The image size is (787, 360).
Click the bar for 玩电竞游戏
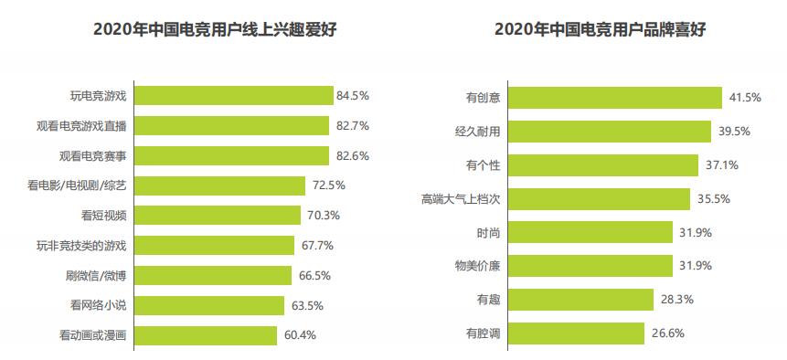[x=233, y=96]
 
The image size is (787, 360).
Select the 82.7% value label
[x=353, y=126]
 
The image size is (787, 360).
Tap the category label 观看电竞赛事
[x=92, y=156]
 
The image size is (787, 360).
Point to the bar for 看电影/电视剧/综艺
[x=219, y=185]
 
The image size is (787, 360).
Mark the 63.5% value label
[x=306, y=305]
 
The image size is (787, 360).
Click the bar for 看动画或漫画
[x=206, y=335]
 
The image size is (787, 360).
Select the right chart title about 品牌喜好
[x=599, y=30]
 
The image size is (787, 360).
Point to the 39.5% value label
[x=734, y=132]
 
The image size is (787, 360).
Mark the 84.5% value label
[x=353, y=96]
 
